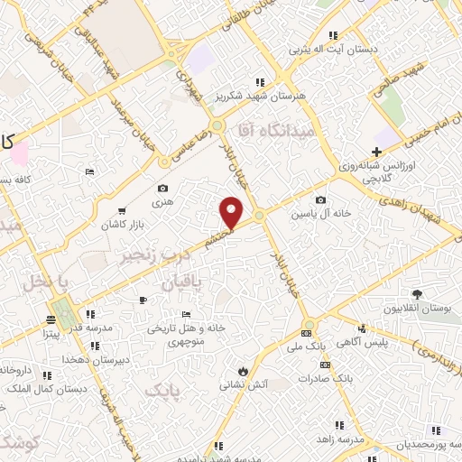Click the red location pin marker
click(232, 211)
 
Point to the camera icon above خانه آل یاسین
click(321, 200)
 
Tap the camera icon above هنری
click(162, 189)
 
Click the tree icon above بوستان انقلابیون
click(417, 294)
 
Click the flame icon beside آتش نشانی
click(242, 370)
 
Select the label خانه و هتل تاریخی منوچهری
click(184, 334)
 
